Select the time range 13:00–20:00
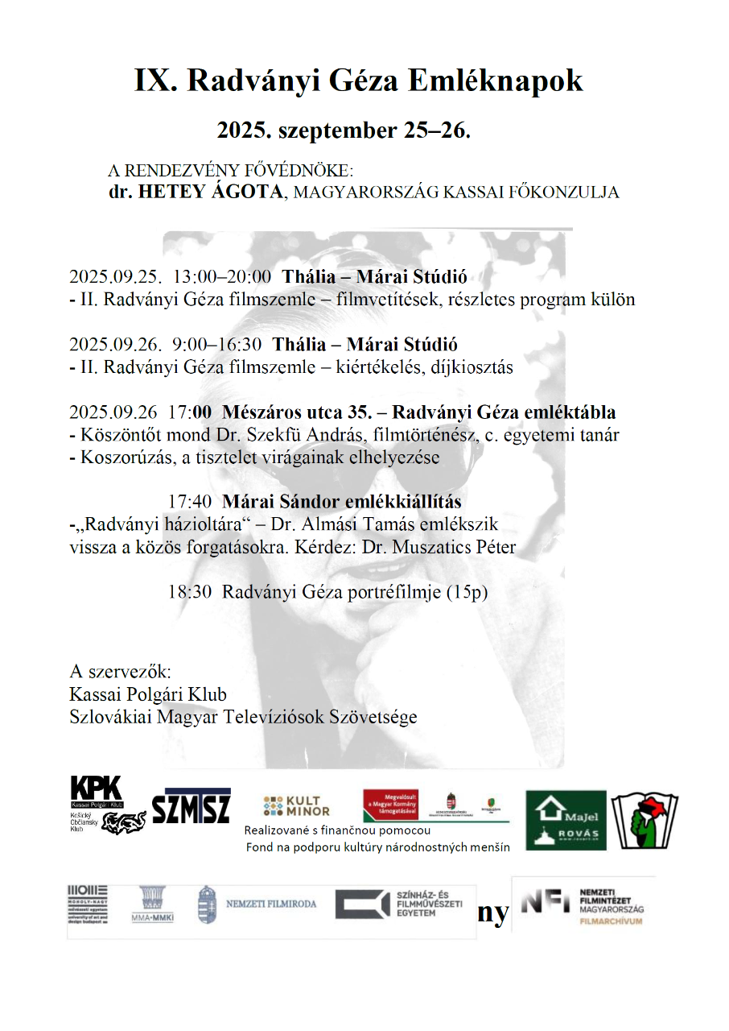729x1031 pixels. (222, 276)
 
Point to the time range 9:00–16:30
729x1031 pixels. (216, 344)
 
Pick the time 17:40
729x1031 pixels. (189, 501)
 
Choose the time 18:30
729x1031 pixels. (189, 591)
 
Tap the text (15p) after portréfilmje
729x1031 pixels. (467, 591)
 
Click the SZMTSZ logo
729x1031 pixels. (192, 805)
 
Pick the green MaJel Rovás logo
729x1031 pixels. (566, 820)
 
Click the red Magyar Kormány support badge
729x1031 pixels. (395, 804)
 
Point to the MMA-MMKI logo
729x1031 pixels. (152, 905)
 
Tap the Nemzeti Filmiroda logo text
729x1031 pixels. (270, 904)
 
